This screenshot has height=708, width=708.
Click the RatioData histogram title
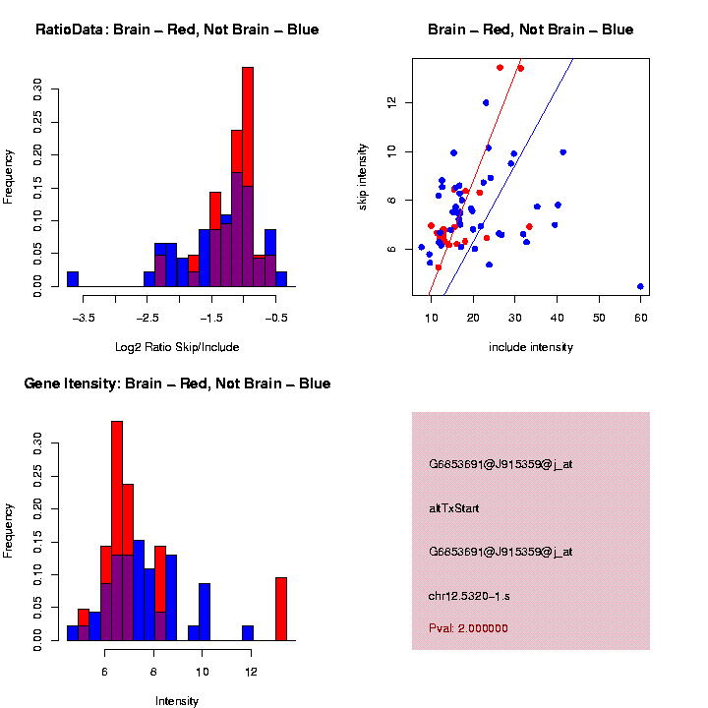click(x=177, y=29)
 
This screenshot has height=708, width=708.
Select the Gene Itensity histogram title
click(x=177, y=383)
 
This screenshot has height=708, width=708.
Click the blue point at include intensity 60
click(x=640, y=286)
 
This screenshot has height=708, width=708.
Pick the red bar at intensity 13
click(x=281, y=609)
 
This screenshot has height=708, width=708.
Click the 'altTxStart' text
click(x=454, y=508)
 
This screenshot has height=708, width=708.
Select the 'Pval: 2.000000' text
click(x=468, y=628)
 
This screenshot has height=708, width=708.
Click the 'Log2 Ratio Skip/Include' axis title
click(x=176, y=347)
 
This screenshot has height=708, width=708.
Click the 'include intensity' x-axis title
click(x=531, y=347)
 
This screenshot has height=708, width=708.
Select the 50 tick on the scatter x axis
click(x=598, y=316)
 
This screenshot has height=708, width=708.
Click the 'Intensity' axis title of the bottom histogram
click(x=177, y=701)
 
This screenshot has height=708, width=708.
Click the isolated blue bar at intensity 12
click(x=248, y=633)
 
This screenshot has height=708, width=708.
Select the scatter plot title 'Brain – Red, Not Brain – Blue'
click(x=531, y=29)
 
